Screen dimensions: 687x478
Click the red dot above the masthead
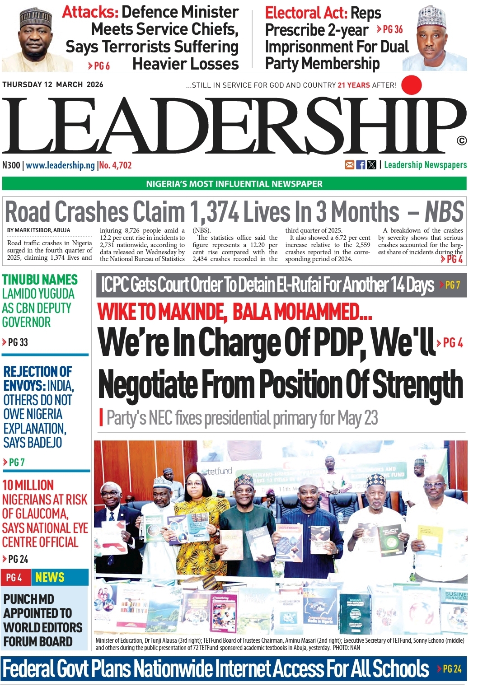[411, 85]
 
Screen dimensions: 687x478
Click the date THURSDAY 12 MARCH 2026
[53, 84]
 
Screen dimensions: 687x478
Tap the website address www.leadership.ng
[60, 165]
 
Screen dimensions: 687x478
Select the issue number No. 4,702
[115, 165]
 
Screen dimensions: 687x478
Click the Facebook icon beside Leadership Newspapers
[361, 165]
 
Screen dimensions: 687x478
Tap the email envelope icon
[350, 165]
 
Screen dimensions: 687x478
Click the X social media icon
[371, 165]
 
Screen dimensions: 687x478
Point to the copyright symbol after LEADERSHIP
[461, 141]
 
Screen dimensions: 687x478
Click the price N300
[11, 165]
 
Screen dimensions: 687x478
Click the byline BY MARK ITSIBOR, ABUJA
[38, 230]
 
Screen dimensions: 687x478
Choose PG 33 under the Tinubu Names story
[18, 342]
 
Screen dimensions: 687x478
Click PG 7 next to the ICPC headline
[452, 285]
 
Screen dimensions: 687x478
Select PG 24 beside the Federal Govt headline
[452, 669]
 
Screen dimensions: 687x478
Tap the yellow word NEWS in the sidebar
[50, 577]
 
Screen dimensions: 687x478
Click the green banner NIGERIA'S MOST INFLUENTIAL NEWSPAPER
[234, 184]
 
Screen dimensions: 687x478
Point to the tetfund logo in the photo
[219, 472]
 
